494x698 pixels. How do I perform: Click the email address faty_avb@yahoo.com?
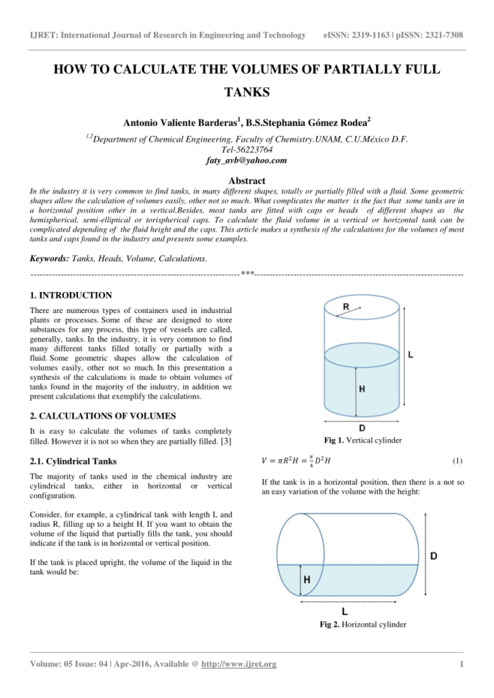coord(246,160)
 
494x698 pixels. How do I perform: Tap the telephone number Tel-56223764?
coord(246,150)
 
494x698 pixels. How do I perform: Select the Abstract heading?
coord(246,181)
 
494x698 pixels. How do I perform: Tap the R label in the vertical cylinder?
coord(346,307)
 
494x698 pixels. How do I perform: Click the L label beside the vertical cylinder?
coord(410,355)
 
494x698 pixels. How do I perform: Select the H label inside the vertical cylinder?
coord(361,389)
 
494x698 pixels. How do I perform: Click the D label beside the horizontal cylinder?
coord(436,556)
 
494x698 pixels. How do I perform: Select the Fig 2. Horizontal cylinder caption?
coord(362,624)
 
